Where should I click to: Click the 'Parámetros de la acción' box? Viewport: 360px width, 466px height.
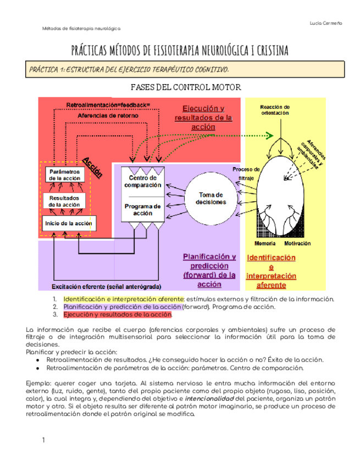tap(64, 174)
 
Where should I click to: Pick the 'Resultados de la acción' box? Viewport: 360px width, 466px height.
tap(64, 201)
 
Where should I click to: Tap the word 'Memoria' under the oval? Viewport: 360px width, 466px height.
tap(265, 243)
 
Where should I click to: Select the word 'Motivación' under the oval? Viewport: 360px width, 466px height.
tap(297, 243)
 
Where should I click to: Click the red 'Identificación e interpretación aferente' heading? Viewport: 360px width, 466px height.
tap(271, 271)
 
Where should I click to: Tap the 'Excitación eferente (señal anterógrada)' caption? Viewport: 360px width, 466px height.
tap(106, 286)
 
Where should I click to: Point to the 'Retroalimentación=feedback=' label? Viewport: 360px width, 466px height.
tap(108, 104)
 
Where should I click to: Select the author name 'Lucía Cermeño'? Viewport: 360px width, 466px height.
tap(326, 23)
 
